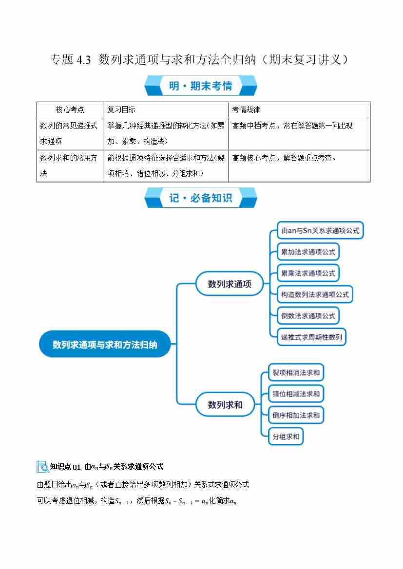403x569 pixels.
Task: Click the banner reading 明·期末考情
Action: [x=201, y=86]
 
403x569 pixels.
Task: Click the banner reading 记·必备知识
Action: [x=201, y=198]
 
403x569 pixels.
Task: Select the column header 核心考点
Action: [x=70, y=110]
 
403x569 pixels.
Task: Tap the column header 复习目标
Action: [x=121, y=110]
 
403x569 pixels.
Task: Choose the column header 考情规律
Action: [x=246, y=110]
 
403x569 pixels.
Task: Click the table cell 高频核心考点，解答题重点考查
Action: [x=285, y=158]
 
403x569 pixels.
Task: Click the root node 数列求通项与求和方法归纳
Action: [x=105, y=344]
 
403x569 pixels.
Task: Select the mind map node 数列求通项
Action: [x=230, y=284]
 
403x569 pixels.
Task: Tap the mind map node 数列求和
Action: [x=225, y=404]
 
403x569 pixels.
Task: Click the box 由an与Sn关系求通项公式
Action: [x=320, y=230]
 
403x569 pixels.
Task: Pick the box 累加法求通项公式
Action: [x=308, y=252]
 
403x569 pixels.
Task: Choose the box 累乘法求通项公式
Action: [x=308, y=273]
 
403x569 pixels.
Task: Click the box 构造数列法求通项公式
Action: [x=315, y=294]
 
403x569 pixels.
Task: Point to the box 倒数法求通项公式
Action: [x=308, y=316]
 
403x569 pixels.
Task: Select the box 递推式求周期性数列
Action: [x=311, y=337]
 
